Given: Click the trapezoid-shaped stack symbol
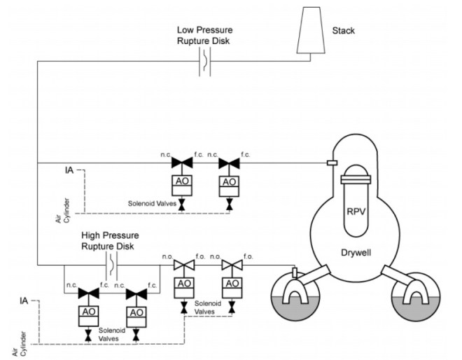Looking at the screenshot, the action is click(x=311, y=30).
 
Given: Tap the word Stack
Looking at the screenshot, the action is click(x=343, y=31).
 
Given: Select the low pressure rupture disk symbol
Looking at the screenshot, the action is click(x=205, y=62).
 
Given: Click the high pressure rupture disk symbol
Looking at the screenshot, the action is click(x=111, y=265).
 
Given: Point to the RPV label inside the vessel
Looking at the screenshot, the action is click(x=356, y=212).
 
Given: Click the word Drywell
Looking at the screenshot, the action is click(x=356, y=253).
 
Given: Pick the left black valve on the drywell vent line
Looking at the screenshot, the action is click(x=182, y=162).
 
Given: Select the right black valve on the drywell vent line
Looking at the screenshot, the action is click(x=229, y=163).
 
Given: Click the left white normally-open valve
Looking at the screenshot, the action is click(x=184, y=265).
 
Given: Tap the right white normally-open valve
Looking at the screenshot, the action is click(x=232, y=265).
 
